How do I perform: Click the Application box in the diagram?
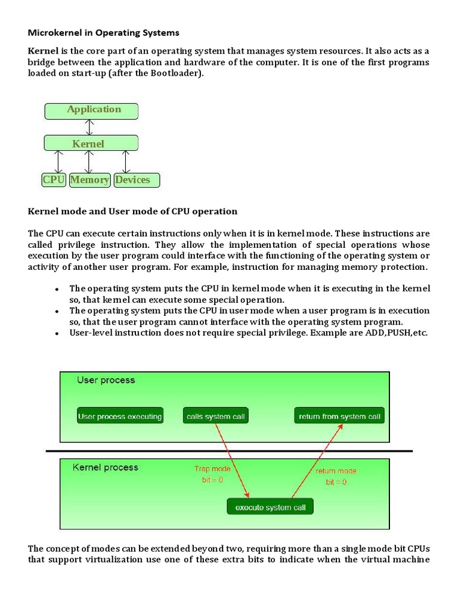(x=91, y=110)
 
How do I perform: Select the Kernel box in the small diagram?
(x=91, y=143)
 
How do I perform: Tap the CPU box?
(x=53, y=180)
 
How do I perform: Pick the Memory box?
(x=89, y=180)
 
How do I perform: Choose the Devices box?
(x=137, y=180)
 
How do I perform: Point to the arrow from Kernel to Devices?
(x=125, y=161)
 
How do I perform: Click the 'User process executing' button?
(x=120, y=416)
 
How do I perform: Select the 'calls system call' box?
(x=215, y=416)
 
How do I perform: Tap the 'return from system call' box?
(x=339, y=416)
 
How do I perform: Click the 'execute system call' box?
(x=270, y=508)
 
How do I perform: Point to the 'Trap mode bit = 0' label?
(x=212, y=474)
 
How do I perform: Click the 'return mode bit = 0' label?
(x=336, y=477)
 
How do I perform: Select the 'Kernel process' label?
(x=105, y=468)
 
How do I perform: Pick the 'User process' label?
(x=106, y=380)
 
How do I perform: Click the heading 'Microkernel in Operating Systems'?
(x=104, y=32)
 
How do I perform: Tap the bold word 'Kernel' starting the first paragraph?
(x=43, y=51)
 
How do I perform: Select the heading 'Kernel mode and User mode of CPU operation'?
(x=132, y=211)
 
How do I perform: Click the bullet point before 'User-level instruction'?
(x=57, y=334)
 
